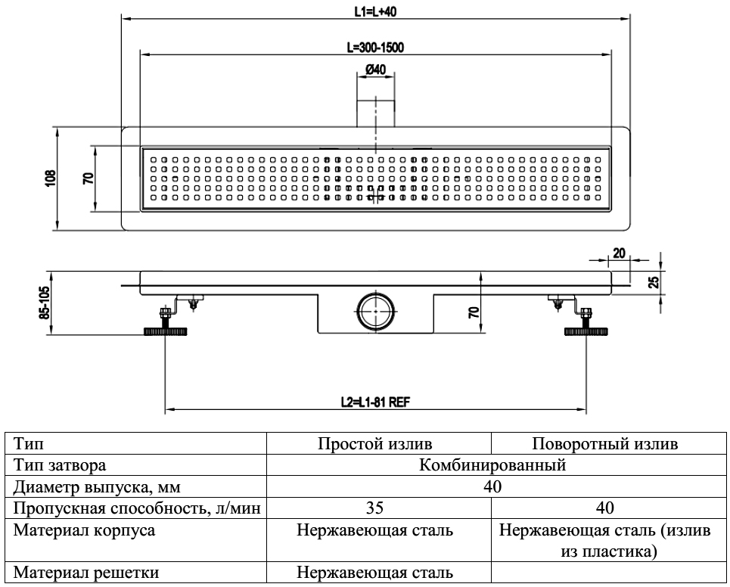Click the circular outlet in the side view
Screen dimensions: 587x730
tap(375, 310)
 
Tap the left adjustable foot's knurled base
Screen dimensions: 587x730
tap(163, 331)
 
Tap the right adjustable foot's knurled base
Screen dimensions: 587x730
tap(586, 331)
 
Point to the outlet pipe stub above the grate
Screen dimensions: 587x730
tap(375, 112)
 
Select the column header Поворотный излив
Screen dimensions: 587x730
tap(604, 443)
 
